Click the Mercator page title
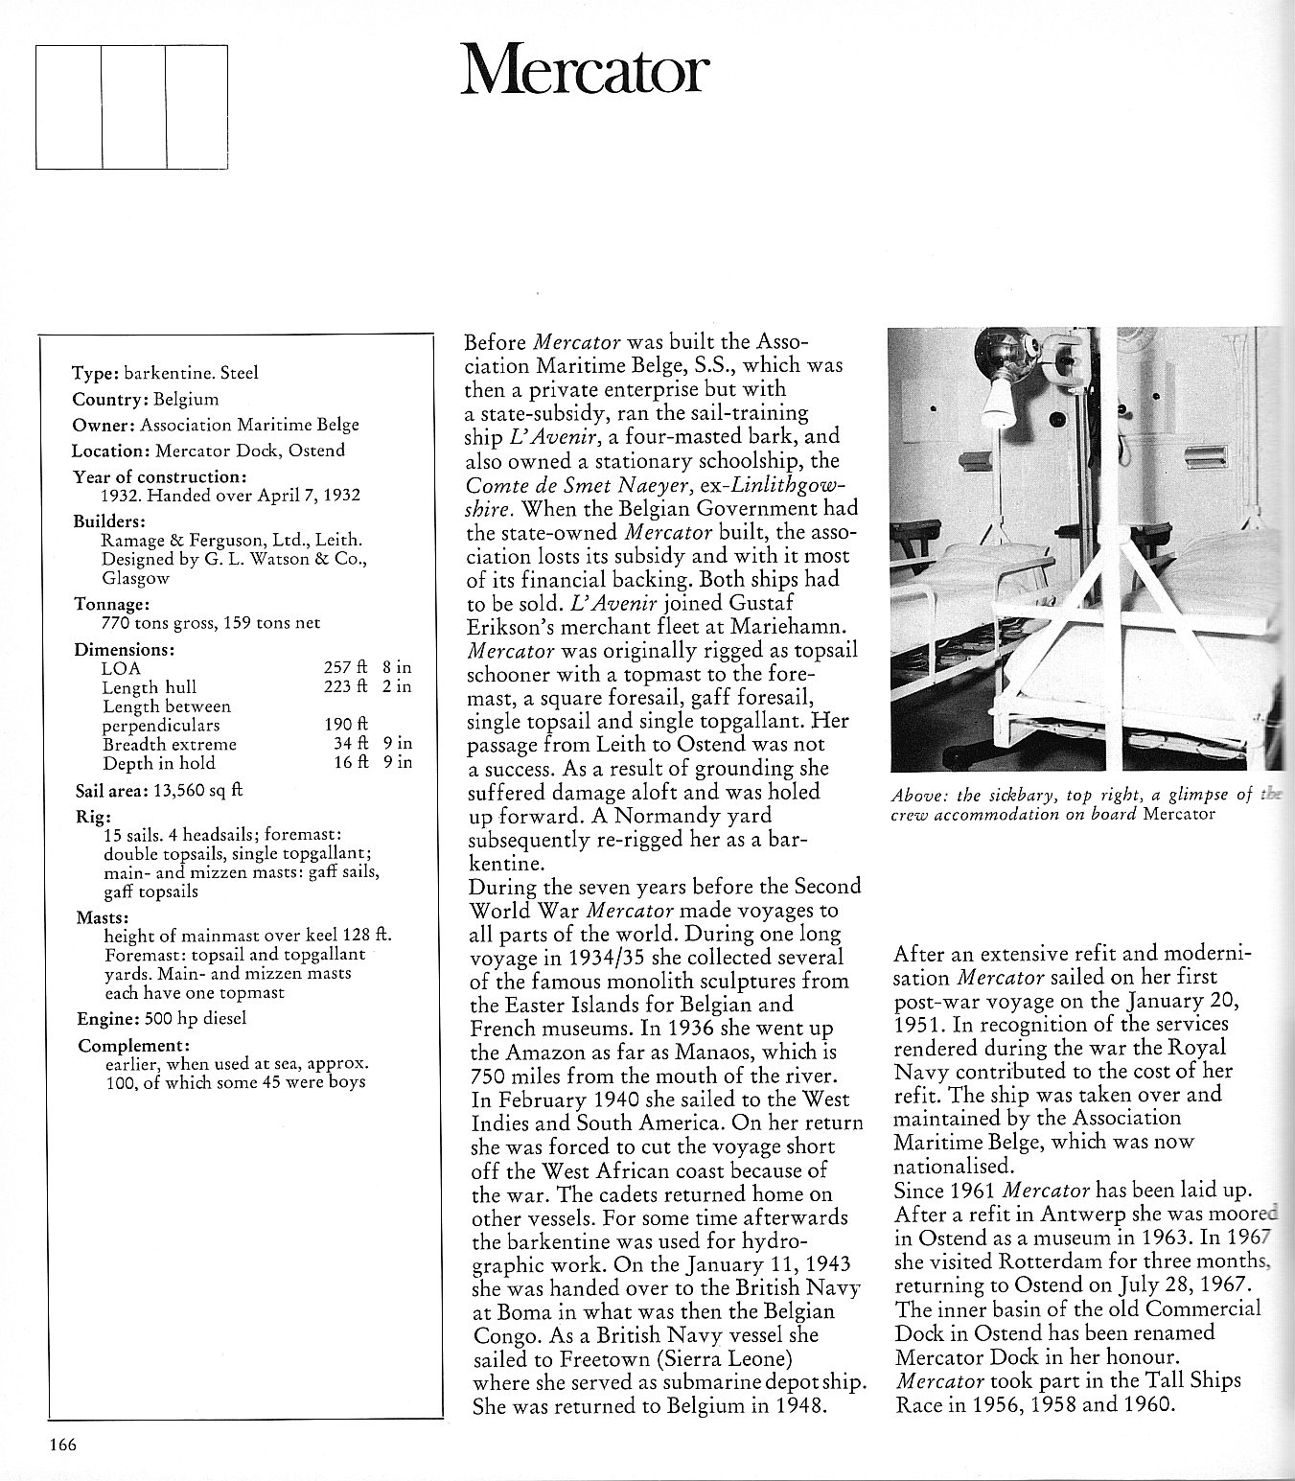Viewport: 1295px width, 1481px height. [x=584, y=69]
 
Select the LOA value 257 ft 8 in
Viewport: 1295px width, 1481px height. [x=368, y=668]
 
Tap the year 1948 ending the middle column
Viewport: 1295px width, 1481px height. [x=798, y=1407]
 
